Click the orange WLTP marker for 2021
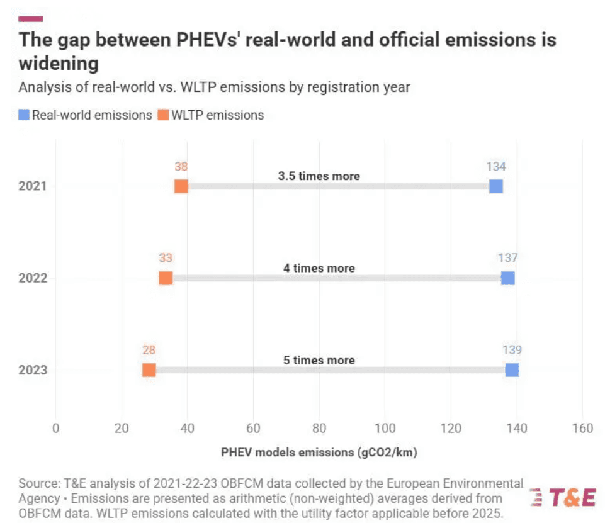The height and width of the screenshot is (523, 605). [181, 186]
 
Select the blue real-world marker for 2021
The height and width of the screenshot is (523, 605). [496, 186]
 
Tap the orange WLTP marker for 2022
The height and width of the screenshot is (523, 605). [166, 278]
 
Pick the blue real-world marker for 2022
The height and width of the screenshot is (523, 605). [507, 278]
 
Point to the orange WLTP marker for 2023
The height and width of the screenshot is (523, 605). [149, 370]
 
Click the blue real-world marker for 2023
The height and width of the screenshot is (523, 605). [512, 370]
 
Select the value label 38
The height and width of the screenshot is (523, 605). [181, 167]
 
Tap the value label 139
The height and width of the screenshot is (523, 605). [512, 351]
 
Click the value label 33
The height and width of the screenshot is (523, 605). [166, 258]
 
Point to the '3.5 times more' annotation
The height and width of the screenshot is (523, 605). [319, 176]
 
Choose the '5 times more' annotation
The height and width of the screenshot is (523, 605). [319, 361]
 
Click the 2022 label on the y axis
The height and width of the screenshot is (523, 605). [32, 278]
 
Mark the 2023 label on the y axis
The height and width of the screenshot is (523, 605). [32, 370]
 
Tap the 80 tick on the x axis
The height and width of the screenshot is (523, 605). [319, 429]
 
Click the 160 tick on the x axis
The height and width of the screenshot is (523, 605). [582, 429]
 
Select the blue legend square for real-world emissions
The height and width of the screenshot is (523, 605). [24, 115]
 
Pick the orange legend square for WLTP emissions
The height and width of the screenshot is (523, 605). [163, 115]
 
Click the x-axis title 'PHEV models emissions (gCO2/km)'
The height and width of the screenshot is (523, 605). [319, 452]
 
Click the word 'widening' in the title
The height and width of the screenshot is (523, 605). [59, 64]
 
